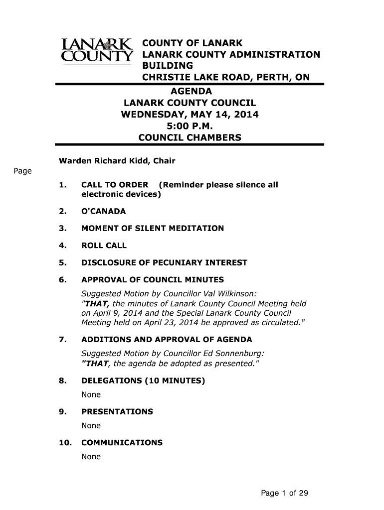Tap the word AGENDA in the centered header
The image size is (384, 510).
[x=192, y=92]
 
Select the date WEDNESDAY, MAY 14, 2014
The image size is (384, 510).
[x=190, y=115]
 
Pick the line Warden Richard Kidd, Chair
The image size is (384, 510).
[x=117, y=161]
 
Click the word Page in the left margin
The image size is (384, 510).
[x=22, y=172]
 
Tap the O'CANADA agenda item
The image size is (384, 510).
[x=103, y=211]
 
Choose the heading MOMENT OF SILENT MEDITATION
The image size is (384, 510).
[x=152, y=229]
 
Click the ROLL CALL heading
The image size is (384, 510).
[x=104, y=246]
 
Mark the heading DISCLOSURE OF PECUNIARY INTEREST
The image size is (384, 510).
[x=164, y=262]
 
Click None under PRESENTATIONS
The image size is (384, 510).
[x=91, y=426]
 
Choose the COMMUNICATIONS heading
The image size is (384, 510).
[x=122, y=443]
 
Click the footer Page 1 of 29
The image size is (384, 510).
[x=285, y=494]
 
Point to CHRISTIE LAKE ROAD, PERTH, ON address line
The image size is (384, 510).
[x=226, y=77]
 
